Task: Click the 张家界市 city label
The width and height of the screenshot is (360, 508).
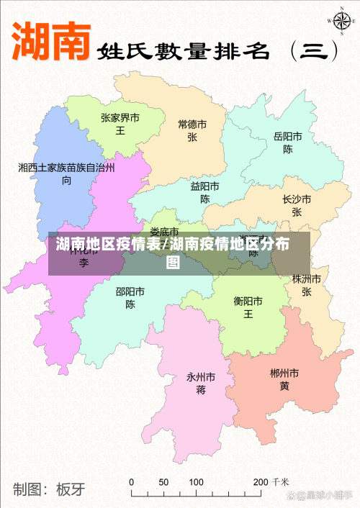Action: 120,117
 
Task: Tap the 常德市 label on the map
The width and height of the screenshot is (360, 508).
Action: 192,124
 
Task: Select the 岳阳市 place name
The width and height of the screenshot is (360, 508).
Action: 287,136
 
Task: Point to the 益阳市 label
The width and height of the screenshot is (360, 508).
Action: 204,186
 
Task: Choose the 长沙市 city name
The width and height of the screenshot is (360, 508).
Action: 297,199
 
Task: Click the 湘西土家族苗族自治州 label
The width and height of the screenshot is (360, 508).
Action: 66,167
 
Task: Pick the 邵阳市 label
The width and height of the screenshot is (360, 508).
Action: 130,291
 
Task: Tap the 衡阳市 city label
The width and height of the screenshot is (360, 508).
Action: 248,300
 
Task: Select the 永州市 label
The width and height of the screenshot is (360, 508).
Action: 201,376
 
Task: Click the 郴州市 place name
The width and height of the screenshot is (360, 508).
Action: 284,373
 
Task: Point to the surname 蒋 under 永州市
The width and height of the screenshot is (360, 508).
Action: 201,390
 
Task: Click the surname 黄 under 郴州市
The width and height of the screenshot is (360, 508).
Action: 284,386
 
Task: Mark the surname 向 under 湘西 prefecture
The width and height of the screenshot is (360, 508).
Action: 66,180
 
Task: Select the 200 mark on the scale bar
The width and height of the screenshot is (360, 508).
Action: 261,481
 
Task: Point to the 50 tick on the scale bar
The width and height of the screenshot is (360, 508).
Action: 163,481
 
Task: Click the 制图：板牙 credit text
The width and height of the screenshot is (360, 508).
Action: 49,489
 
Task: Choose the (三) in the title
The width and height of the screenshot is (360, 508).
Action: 313,50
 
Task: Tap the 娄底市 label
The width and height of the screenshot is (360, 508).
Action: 164,232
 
